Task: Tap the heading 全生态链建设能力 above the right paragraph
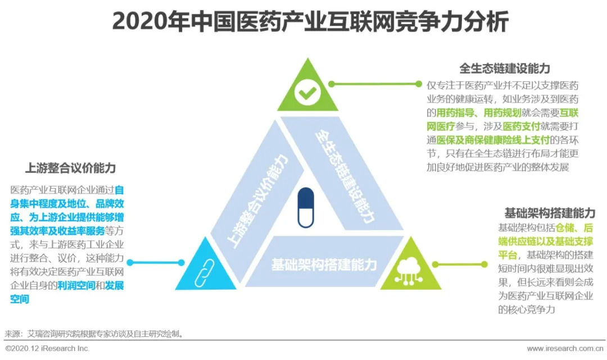(x=504, y=69)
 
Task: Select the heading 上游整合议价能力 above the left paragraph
(x=70, y=168)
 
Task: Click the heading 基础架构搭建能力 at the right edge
(x=550, y=213)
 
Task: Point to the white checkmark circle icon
(x=308, y=93)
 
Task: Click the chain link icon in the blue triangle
(x=204, y=273)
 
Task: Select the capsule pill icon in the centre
(x=306, y=207)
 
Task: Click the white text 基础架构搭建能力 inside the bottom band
(x=324, y=265)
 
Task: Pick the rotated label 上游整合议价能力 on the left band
(x=257, y=200)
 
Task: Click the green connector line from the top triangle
(x=375, y=84)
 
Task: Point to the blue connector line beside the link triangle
(x=156, y=262)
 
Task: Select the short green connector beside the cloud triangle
(x=460, y=265)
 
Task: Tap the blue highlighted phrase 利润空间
(x=76, y=285)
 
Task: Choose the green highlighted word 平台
(x=508, y=255)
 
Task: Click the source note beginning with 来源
(x=94, y=334)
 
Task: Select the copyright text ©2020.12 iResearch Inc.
(x=47, y=348)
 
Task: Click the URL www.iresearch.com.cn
(x=565, y=348)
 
